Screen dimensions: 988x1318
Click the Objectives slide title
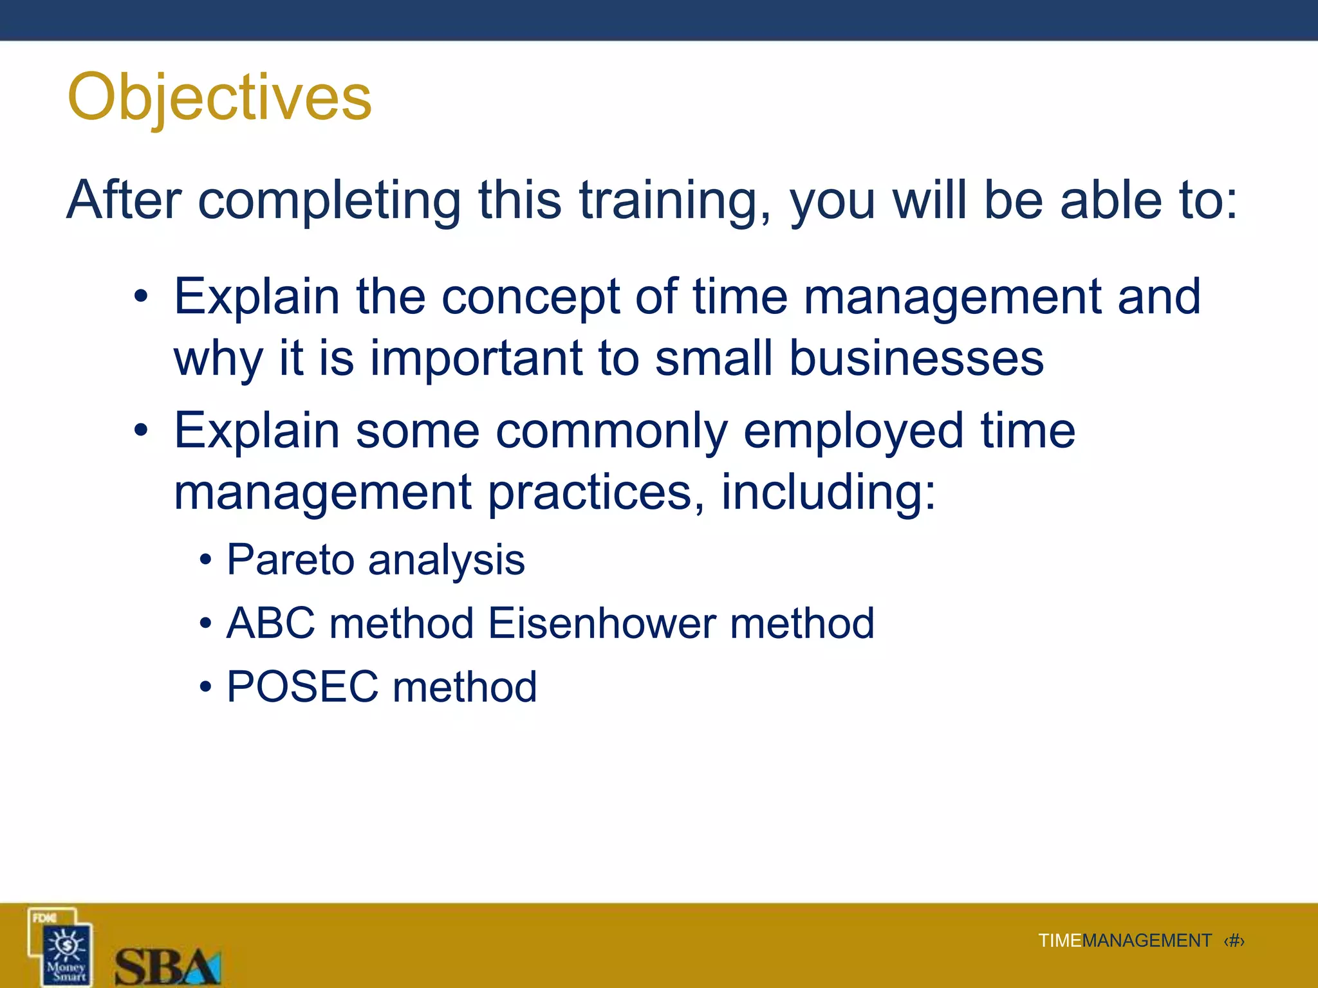point(219,98)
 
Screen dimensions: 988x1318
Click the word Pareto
point(289,560)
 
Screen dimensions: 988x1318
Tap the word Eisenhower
point(602,623)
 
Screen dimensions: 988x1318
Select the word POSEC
point(302,686)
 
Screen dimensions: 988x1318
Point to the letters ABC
point(271,623)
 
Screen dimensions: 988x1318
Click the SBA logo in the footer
point(167,966)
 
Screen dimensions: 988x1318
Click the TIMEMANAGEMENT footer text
point(1124,941)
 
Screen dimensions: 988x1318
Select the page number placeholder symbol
point(1234,941)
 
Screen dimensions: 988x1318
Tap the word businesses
point(916,358)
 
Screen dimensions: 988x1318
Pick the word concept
point(530,297)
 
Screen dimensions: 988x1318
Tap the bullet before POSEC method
point(205,688)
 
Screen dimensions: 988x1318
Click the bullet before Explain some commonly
point(141,430)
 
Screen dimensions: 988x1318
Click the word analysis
point(446,560)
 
